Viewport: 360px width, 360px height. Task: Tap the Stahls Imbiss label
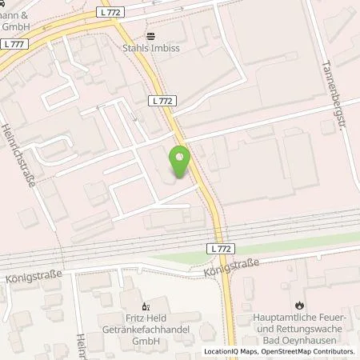pyautogui.click(x=163, y=48)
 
